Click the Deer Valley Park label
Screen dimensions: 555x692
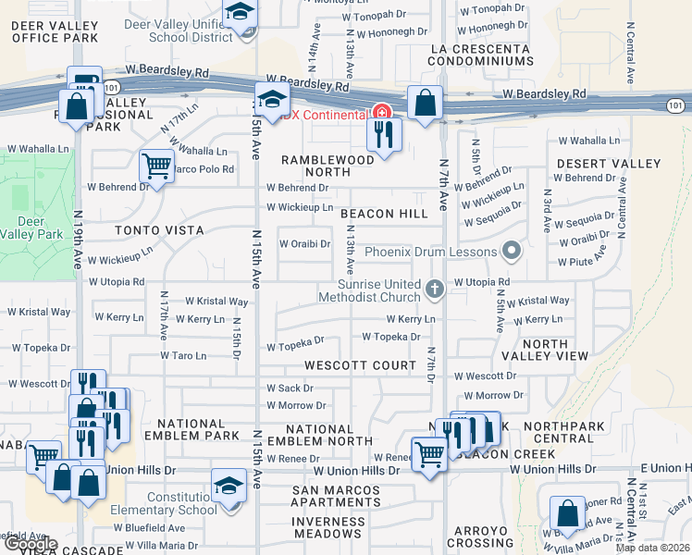pos(38,228)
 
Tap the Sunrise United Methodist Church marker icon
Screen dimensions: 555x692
pos(433,290)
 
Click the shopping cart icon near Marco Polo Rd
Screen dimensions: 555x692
pos(156,167)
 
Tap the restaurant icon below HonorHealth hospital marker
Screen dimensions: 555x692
pos(383,135)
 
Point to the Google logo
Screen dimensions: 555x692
pos(30,544)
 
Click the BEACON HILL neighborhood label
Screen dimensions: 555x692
pos(384,214)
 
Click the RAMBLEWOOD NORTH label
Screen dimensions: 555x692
pos(327,166)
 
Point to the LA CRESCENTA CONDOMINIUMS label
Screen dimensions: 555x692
pos(481,54)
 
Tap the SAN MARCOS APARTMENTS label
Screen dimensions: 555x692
pos(339,496)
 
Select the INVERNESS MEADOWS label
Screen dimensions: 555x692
pos(327,528)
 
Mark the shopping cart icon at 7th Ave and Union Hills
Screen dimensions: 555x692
pos(428,455)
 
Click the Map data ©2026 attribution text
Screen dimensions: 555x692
pos(651,548)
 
